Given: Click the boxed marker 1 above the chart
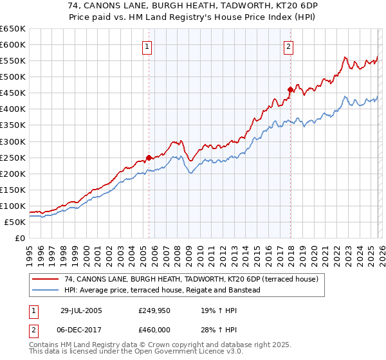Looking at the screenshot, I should [x=147, y=46].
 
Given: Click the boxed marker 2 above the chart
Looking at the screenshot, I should [x=289, y=46].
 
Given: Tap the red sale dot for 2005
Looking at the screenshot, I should [x=149, y=157].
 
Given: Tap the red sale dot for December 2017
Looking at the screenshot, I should [x=290, y=89].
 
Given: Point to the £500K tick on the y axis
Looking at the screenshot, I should [x=14, y=77].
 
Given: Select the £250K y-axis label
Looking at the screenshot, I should [x=14, y=157].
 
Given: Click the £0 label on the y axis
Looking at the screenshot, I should [x=19, y=238].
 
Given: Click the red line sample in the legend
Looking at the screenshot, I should [x=45, y=280].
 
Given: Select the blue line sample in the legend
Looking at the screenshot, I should [x=45, y=291].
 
